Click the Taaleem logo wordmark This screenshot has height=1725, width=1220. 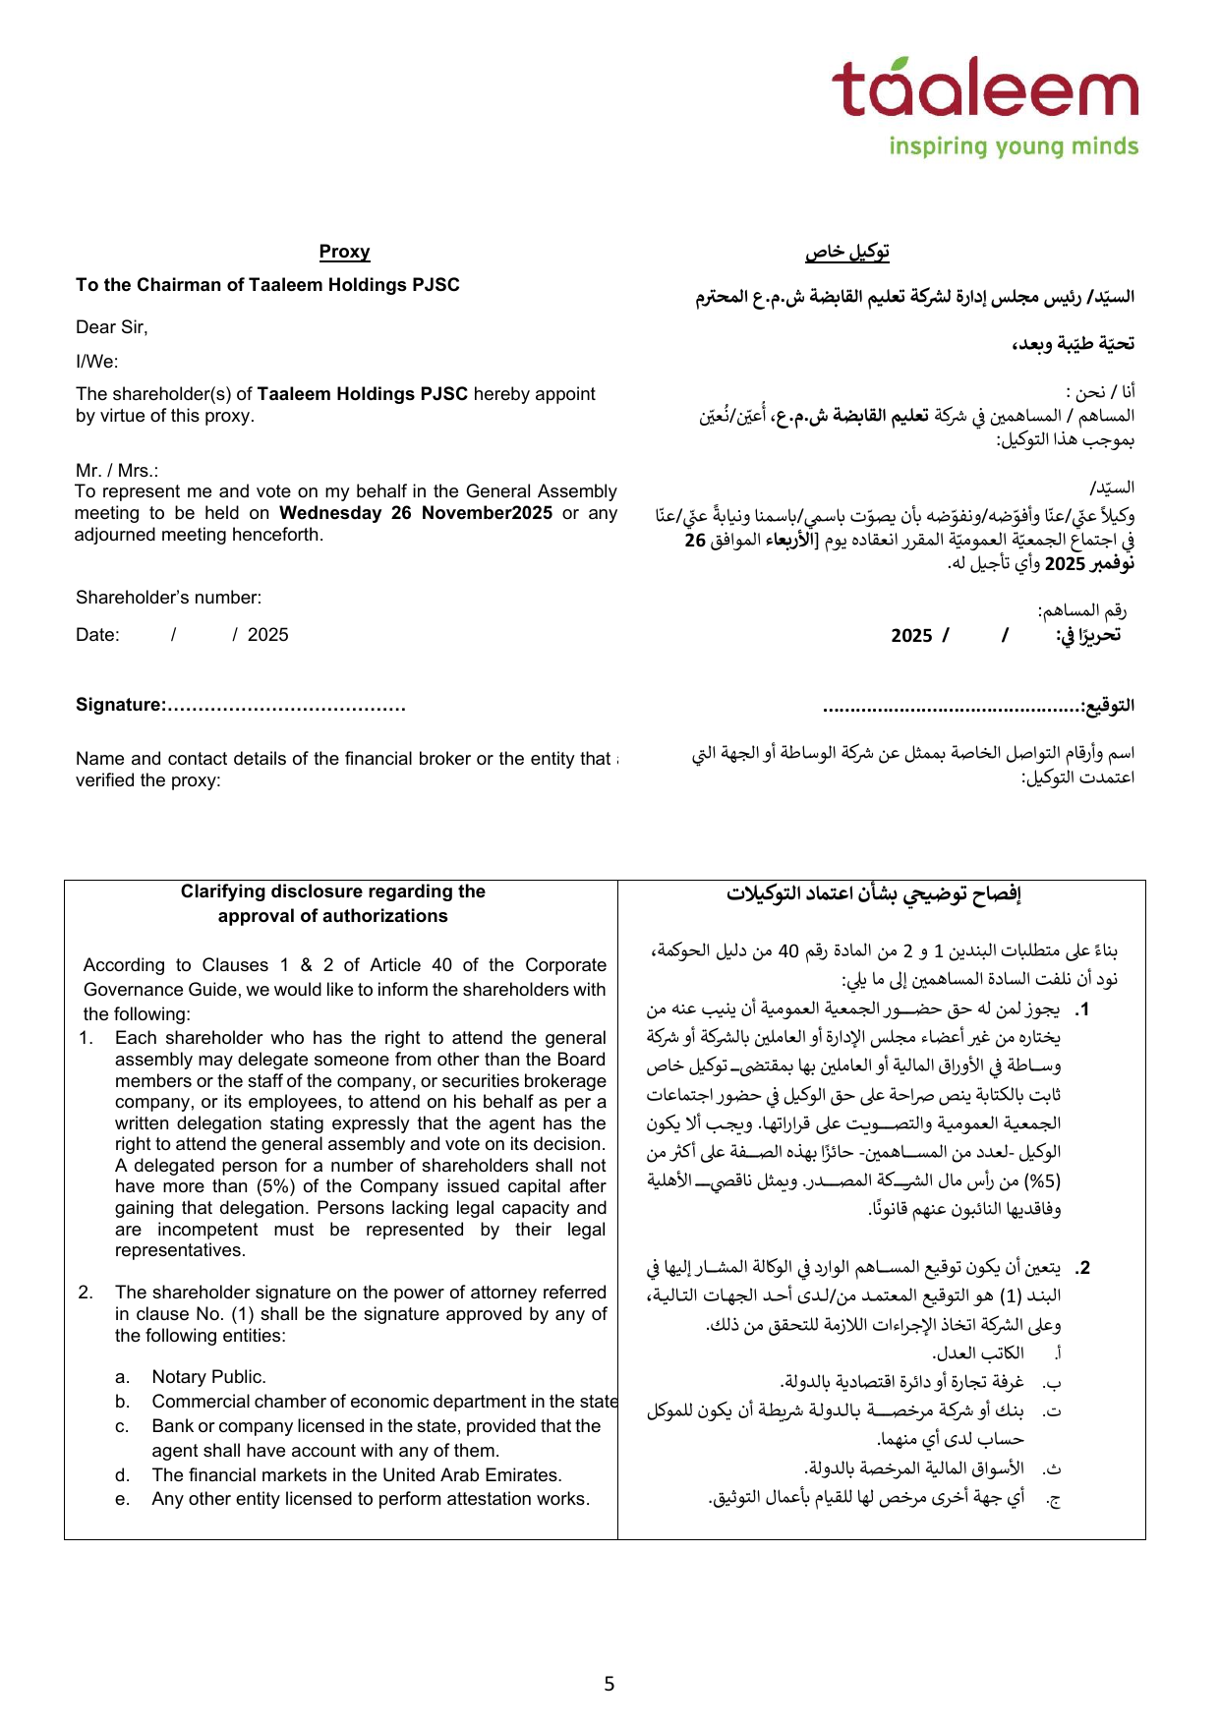(985, 88)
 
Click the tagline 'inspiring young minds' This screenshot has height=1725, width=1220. (1014, 146)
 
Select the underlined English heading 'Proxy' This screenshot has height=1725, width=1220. (344, 252)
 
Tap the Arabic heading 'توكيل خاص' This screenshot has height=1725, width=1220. (847, 252)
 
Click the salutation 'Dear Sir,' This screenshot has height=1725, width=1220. (111, 327)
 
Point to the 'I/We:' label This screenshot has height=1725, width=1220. (96, 362)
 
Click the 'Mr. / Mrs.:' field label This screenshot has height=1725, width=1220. (117, 471)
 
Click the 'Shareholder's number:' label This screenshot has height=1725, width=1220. (168, 598)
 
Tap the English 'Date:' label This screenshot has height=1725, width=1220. (97, 635)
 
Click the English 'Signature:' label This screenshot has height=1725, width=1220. (120, 705)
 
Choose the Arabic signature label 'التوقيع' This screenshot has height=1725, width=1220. (1109, 706)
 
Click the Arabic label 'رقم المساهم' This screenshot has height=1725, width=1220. (1081, 611)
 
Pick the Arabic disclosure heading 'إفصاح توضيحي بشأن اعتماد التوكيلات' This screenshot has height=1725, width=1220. (874, 894)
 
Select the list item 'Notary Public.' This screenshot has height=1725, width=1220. (208, 1377)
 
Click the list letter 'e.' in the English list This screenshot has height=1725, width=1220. (122, 1499)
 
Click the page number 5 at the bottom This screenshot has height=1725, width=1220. (610, 1684)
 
